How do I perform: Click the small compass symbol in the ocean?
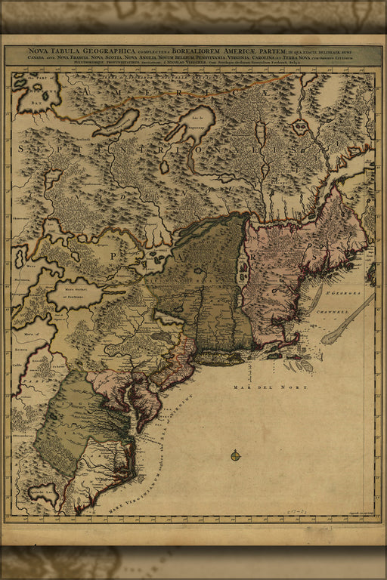(x=235, y=455)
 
